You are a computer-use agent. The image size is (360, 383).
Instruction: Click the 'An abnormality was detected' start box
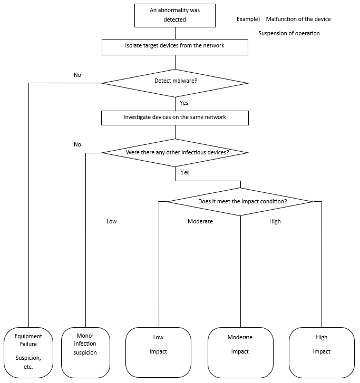174,15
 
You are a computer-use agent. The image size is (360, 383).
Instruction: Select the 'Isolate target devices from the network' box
174,46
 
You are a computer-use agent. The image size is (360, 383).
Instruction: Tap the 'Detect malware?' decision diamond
174,82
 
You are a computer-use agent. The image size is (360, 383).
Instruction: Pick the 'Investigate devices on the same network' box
174,117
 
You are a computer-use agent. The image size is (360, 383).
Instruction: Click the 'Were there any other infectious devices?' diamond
174,153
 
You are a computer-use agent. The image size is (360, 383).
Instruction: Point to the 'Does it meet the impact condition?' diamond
240,201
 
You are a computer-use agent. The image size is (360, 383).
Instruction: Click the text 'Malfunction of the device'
298,19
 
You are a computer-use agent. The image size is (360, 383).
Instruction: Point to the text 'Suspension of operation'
289,34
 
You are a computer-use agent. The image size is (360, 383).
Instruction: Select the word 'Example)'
248,19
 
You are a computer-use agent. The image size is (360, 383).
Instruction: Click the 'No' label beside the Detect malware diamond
77,75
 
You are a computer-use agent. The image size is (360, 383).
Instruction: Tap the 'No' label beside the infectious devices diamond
77,144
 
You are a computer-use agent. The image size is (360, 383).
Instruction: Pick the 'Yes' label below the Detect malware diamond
184,103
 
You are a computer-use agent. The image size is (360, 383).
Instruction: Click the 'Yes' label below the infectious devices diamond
185,172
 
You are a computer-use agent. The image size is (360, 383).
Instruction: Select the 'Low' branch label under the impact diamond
112,222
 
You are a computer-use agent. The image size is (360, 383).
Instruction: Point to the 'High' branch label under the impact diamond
275,222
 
